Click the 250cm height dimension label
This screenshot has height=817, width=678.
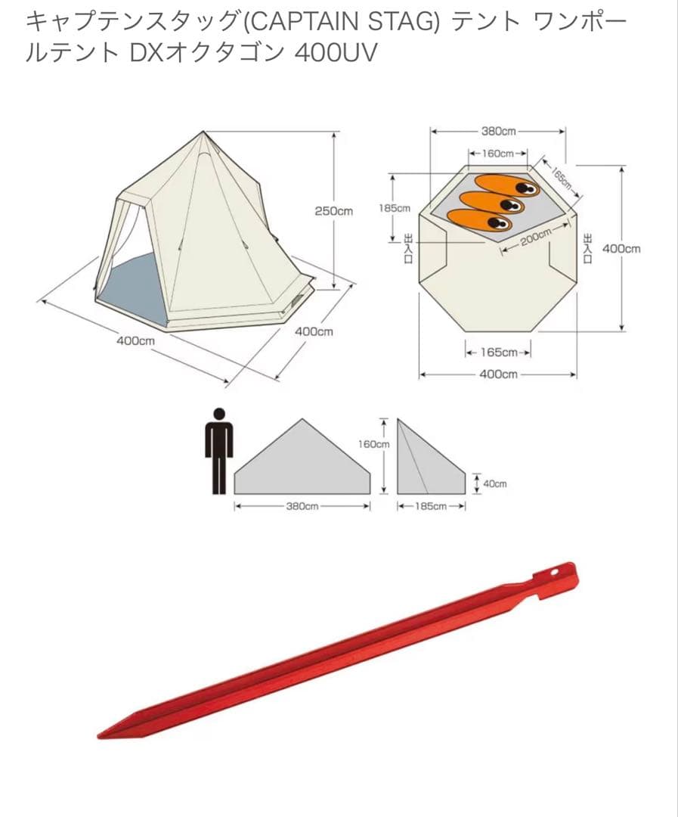click(333, 211)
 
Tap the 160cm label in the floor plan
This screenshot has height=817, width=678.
click(497, 154)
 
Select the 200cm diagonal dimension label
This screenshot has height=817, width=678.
click(535, 237)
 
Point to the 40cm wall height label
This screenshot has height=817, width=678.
click(494, 483)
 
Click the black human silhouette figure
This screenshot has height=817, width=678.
click(219, 451)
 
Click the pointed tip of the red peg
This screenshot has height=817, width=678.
click(99, 735)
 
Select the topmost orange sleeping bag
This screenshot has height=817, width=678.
click(507, 186)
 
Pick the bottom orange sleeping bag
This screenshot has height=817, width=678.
click(479, 219)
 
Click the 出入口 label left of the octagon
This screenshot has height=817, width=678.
click(408, 249)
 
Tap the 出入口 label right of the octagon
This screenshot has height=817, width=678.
click(588, 249)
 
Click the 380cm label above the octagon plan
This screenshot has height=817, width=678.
click(498, 131)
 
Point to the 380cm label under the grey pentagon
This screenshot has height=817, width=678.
click(302, 506)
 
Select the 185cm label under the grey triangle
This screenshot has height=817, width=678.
click(431, 506)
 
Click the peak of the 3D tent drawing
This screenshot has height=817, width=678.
click(203, 132)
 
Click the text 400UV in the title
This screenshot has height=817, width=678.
click(336, 53)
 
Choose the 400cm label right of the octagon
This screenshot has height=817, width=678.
click(621, 249)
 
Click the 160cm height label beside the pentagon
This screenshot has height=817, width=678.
click(373, 444)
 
